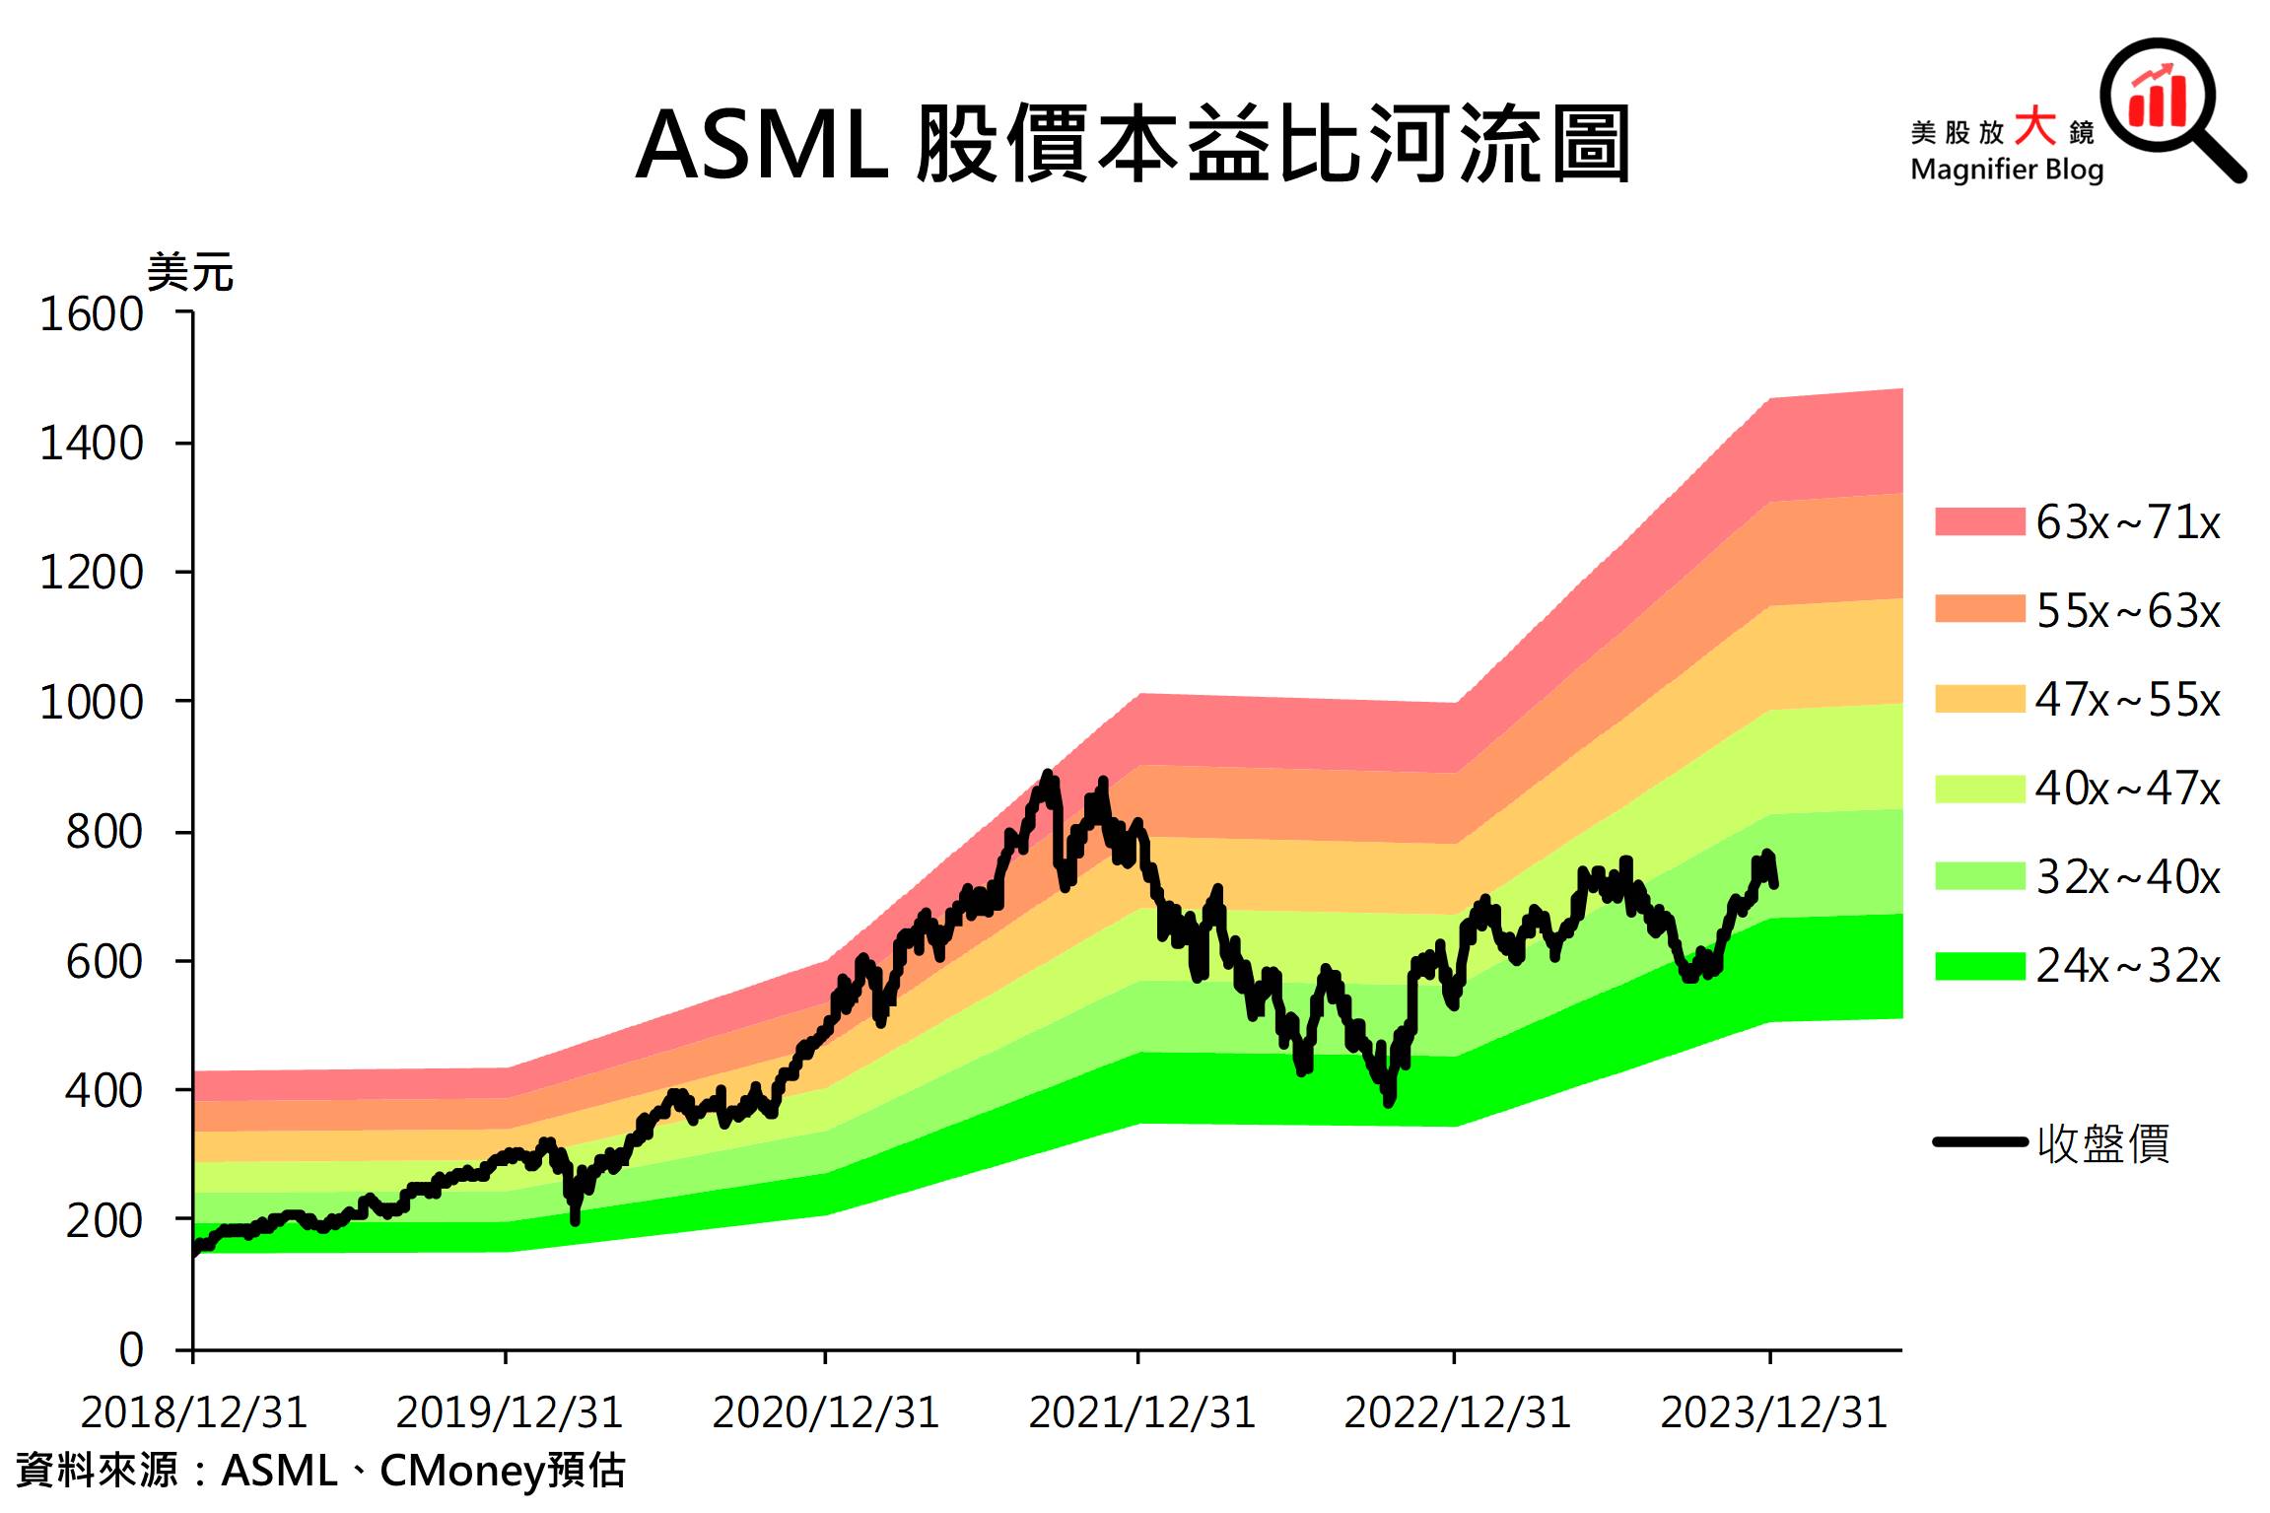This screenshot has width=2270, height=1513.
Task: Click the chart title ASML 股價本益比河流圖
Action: pyautogui.click(x=1133, y=146)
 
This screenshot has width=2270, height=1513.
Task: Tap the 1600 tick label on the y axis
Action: pyautogui.click(x=91, y=315)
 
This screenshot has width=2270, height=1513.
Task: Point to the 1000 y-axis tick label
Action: pyautogui.click(x=91, y=703)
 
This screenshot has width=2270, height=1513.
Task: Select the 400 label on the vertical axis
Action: pyautogui.click(x=103, y=1091)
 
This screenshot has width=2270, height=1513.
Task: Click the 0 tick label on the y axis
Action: pyautogui.click(x=131, y=1349)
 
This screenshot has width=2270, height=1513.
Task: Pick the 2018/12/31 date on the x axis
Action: pyautogui.click(x=194, y=1412)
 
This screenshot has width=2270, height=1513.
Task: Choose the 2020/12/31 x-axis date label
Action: pyautogui.click(x=826, y=1412)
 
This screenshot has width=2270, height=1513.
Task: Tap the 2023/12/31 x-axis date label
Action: pyautogui.click(x=1773, y=1412)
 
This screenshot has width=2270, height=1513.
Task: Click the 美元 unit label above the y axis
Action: pyautogui.click(x=190, y=272)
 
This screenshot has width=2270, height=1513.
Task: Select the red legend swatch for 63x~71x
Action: pyautogui.click(x=1979, y=521)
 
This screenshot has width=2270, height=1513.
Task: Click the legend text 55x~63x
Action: pyautogui.click(x=2128, y=611)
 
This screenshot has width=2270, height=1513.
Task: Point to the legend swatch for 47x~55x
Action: pyautogui.click(x=1979, y=699)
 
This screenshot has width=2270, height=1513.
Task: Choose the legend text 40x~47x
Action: pyautogui.click(x=2128, y=789)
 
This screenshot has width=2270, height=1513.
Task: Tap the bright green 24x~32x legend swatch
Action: pyautogui.click(x=1979, y=966)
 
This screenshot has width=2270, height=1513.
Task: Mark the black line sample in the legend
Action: pyautogui.click(x=1979, y=1142)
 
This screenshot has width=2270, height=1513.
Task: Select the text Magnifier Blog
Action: pyautogui.click(x=2007, y=170)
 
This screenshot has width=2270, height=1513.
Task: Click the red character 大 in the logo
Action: pyautogui.click(x=2034, y=128)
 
